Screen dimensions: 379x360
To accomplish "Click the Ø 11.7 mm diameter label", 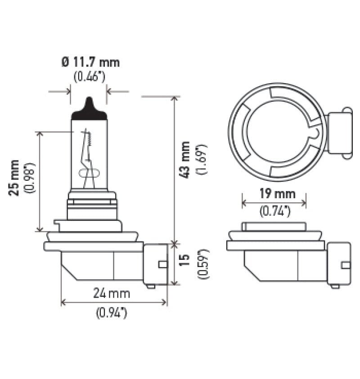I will (x=91, y=62).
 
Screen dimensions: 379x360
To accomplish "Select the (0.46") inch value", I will (x=89, y=76).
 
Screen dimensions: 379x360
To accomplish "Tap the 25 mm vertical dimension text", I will (x=15, y=177).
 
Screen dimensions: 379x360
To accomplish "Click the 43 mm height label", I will (x=185, y=160).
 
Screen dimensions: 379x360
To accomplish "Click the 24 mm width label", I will (x=112, y=294).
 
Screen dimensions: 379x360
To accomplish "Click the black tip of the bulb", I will (x=89, y=109).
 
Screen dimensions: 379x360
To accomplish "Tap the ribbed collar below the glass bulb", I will (x=92, y=205).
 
